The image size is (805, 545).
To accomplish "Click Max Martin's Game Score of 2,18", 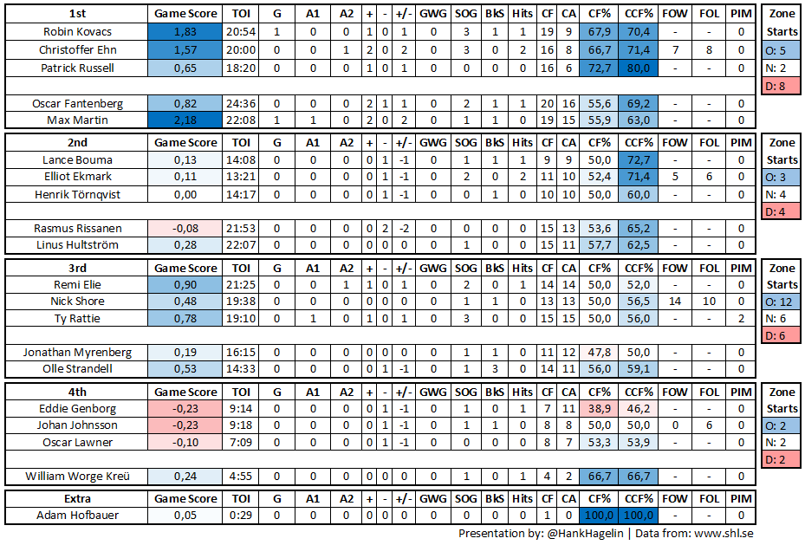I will pyautogui.click(x=185, y=120).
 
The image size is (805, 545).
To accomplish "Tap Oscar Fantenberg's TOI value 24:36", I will pyautogui.click(x=242, y=103).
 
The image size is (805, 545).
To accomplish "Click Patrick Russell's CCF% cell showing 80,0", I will pyautogui.click(x=639, y=68).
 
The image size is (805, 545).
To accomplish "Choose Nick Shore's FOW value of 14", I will pyautogui.click(x=675, y=302).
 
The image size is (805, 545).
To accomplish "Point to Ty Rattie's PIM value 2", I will pyautogui.click(x=741, y=319).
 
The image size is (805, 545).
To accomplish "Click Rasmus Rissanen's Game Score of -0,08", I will pyautogui.click(x=185, y=228).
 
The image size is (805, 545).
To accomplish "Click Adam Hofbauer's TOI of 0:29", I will pyautogui.click(x=242, y=516).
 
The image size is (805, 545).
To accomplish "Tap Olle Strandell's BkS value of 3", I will pyautogui.click(x=495, y=369).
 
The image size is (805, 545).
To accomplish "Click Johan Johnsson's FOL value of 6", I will pyautogui.click(x=709, y=425).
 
